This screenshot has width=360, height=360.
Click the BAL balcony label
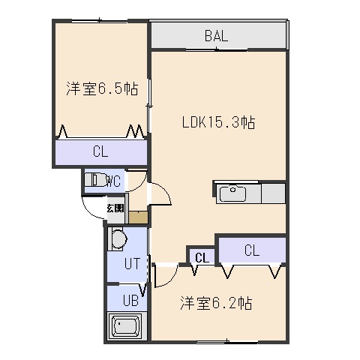tap(216, 36)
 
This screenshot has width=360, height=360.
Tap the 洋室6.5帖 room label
tap(102, 88)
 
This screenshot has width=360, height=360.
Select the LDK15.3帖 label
tap(218, 122)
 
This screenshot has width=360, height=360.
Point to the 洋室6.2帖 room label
tap(216, 303)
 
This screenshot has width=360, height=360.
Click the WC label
tap(114, 181)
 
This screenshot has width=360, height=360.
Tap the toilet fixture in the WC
tap(95, 179)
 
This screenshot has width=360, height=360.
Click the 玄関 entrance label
tap(115, 208)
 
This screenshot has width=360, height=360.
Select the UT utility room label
tap(132, 263)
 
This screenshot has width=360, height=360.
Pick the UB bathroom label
tap(130, 300)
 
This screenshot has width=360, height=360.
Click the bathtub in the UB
tap(125, 325)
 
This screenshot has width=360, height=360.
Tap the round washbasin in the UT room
tap(118, 238)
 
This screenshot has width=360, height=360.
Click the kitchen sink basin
tap(232, 193)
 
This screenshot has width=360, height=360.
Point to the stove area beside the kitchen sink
tap(273, 193)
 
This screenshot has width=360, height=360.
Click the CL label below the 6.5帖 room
tap(100, 151)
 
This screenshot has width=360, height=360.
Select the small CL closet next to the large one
tap(202, 258)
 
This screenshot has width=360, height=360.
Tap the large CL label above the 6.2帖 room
tap(252, 250)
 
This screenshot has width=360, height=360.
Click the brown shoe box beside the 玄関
tap(138, 217)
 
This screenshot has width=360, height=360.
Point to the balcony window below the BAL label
tap(217, 49)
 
